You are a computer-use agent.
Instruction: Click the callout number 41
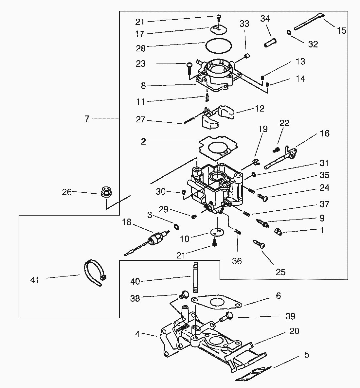pyautogui.click(x=35, y=280)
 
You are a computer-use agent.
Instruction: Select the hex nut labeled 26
pyautogui.click(x=106, y=192)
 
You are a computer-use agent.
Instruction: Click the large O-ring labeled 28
pyautogui.click(x=219, y=45)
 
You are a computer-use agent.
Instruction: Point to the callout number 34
pyautogui.click(x=265, y=19)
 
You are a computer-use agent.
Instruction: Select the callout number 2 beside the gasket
pyautogui.click(x=143, y=142)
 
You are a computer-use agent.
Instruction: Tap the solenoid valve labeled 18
pyautogui.click(x=153, y=240)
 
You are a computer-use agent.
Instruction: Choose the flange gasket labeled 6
pyautogui.click(x=217, y=302)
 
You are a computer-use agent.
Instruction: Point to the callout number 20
pyautogui.click(x=294, y=331)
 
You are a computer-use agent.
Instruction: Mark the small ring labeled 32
pyautogui.click(x=289, y=32)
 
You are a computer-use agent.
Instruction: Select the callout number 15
pyautogui.click(x=341, y=31)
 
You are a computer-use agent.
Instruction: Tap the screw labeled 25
pyautogui.click(x=259, y=244)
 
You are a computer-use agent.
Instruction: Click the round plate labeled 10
pyautogui.click(x=216, y=232)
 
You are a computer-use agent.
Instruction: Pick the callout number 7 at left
pyautogui.click(x=87, y=119)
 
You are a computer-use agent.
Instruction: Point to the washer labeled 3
pyautogui.click(x=176, y=226)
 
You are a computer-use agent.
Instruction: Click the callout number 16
pyautogui.click(x=325, y=133)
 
